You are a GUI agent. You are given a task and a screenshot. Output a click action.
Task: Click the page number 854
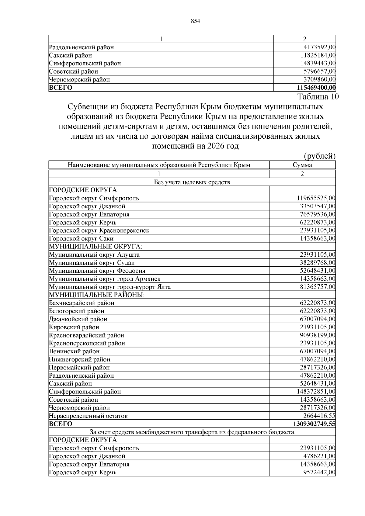[195, 21]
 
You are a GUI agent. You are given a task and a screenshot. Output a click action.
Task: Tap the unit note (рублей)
[320, 156]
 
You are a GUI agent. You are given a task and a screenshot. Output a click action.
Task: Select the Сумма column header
[302, 165]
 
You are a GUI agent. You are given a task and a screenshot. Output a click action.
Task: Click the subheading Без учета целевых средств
[192, 182]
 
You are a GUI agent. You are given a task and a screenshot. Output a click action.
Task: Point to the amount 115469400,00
[316, 88]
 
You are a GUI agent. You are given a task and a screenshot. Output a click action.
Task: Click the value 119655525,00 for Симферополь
[316, 198]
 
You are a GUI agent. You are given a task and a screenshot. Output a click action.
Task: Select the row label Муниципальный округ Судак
[92, 263]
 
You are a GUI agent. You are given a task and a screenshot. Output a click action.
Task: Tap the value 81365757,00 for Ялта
[318, 287]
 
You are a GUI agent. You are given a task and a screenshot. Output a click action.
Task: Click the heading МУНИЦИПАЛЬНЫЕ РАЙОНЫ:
[97, 295]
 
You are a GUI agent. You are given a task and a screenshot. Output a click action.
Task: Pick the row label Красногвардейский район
[86, 335]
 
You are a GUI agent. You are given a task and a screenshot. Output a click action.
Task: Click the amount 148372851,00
[316, 392]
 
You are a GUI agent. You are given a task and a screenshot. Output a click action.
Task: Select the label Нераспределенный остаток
[88, 416]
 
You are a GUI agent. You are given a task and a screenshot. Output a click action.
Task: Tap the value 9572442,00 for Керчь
[319, 472]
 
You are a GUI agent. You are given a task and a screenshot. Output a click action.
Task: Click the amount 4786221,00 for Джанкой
[319, 456]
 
